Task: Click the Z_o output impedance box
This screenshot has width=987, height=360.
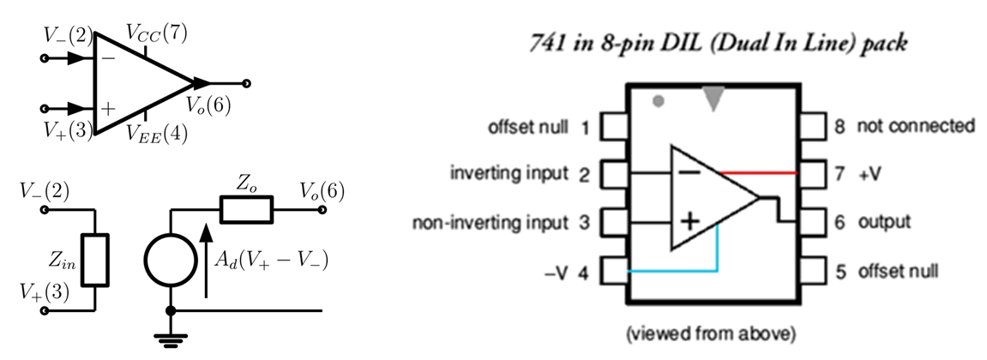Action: click(x=247, y=208)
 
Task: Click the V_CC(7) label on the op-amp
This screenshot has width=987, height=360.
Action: click(x=156, y=33)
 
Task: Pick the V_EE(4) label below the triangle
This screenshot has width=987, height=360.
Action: click(x=156, y=133)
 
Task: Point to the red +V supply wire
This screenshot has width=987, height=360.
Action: click(x=759, y=172)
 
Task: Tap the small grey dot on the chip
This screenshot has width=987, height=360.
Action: click(x=658, y=101)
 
